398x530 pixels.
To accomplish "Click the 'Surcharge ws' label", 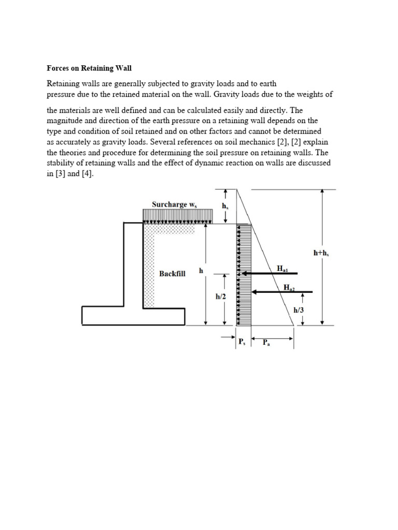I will tap(175, 204).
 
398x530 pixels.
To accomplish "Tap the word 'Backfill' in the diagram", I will tap(172, 273).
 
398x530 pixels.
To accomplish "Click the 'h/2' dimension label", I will tap(221, 297).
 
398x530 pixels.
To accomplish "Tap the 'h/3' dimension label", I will tap(299, 310).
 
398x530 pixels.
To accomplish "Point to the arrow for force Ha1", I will tap(269, 273).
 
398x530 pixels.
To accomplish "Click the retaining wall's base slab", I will tap(133, 316).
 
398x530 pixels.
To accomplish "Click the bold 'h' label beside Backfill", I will tap(201, 271).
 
